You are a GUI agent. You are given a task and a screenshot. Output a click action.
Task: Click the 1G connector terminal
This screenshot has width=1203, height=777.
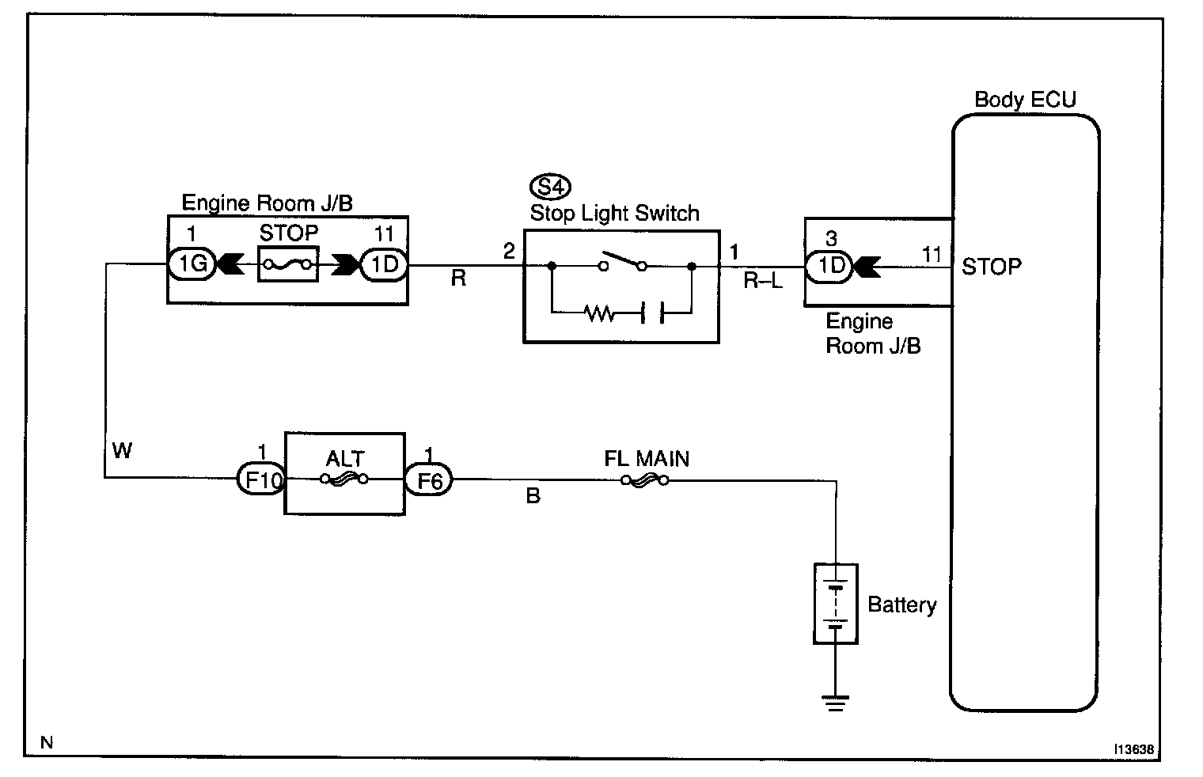(x=191, y=265)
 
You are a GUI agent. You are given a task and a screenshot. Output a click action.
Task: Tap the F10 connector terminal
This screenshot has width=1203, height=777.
(x=260, y=479)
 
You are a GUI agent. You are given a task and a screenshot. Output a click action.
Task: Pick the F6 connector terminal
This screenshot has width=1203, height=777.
(x=429, y=479)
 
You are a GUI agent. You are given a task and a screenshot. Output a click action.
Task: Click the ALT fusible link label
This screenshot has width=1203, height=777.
(x=345, y=458)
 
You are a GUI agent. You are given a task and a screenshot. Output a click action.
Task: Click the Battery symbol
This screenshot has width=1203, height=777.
(x=836, y=604)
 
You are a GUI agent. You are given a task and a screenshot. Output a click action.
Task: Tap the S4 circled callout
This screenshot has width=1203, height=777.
(x=550, y=188)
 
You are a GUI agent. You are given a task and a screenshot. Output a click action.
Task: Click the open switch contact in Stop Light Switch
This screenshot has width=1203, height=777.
(x=624, y=261)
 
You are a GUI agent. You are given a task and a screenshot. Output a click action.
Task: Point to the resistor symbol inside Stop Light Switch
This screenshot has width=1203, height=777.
(x=600, y=314)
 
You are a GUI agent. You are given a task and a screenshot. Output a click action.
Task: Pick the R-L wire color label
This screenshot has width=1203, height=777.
(x=763, y=280)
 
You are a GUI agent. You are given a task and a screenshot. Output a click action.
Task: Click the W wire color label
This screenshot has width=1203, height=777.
(x=122, y=451)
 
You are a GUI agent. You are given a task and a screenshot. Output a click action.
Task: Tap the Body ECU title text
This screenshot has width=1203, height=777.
(x=1025, y=100)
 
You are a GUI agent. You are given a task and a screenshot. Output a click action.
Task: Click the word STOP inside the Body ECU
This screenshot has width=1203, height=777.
(x=992, y=267)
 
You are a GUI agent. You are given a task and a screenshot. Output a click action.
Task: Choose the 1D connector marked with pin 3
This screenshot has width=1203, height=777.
(x=829, y=266)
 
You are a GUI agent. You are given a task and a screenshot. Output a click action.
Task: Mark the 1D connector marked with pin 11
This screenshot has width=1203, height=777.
(x=385, y=265)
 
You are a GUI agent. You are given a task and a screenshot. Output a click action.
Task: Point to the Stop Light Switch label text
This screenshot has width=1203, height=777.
(x=615, y=213)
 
